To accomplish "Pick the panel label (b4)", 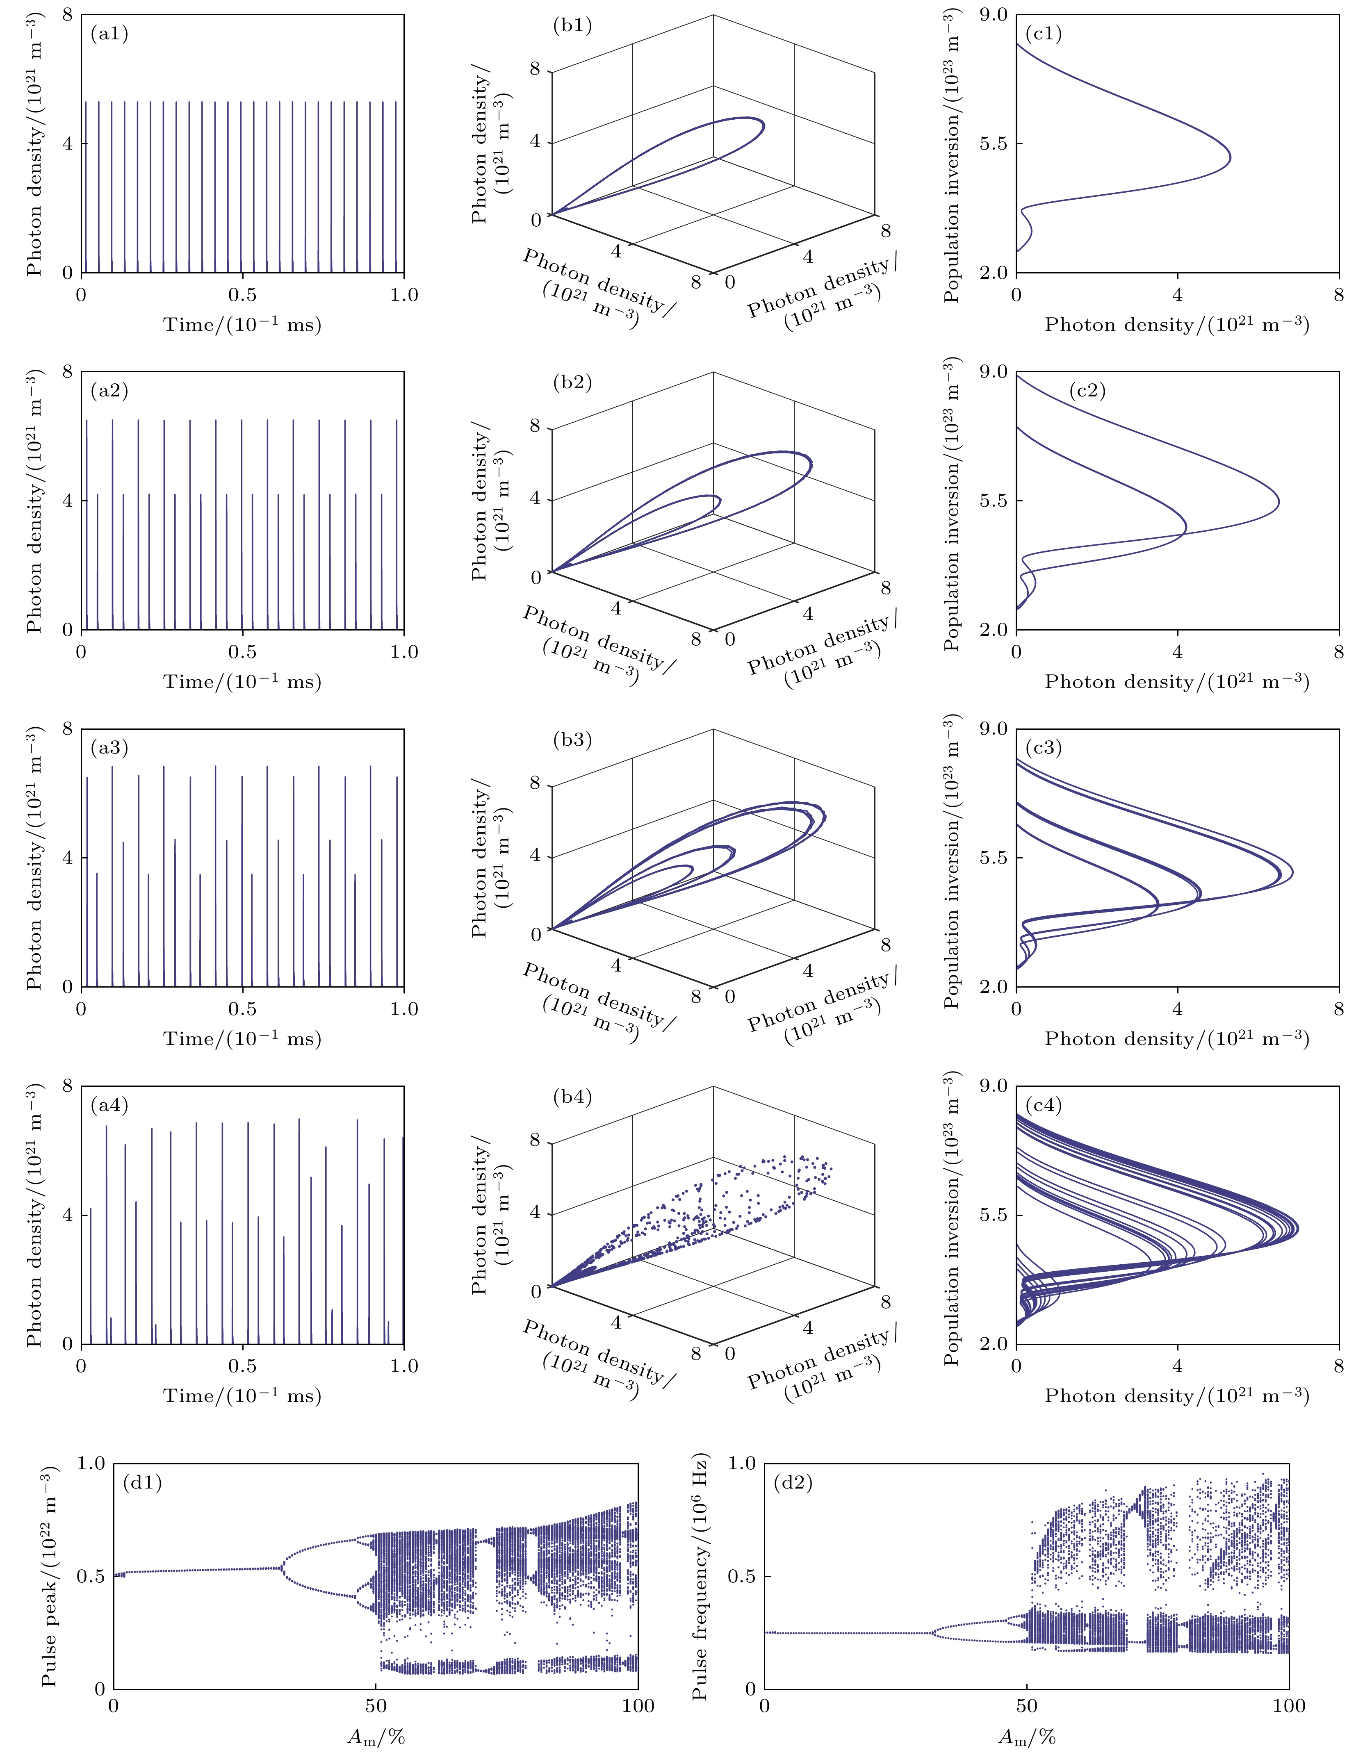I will point(572,1096).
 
